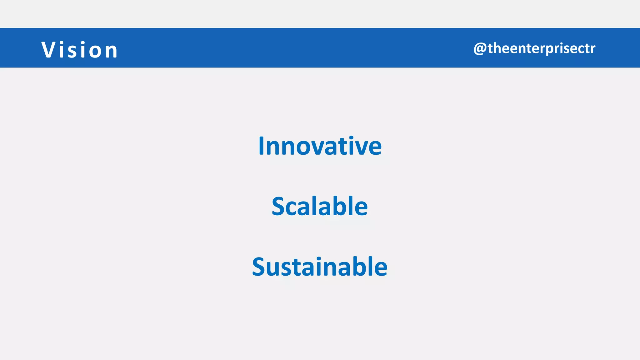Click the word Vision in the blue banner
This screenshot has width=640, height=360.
80,50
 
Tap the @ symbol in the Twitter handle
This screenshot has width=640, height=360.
480,49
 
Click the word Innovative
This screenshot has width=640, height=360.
320,146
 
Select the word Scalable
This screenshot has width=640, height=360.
320,206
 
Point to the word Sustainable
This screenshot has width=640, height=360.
320,267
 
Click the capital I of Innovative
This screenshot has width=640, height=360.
262,146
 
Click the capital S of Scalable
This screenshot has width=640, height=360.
278,206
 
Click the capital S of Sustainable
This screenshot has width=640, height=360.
258,267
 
